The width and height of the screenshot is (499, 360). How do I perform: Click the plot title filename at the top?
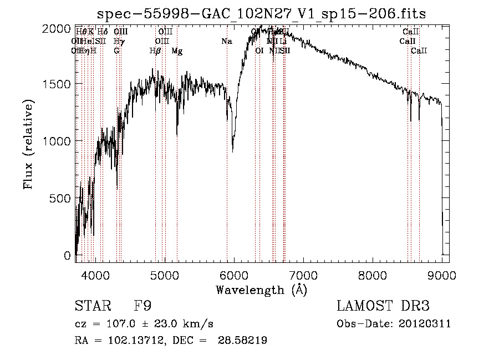pos(261,14)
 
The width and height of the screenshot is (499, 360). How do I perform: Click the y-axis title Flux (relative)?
pos(28,144)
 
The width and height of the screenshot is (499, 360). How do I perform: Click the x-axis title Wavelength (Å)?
pos(261,290)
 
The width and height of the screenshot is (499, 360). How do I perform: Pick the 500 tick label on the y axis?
pos(61,198)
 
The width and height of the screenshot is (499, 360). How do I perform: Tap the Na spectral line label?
pos(226,42)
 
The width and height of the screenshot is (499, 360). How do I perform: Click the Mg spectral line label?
pos(177,51)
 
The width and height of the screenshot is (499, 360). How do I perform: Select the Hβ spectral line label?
pos(155,51)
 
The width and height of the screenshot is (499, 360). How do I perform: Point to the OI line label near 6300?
pos(259,51)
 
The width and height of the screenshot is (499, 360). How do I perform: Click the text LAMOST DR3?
pos(383,306)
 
